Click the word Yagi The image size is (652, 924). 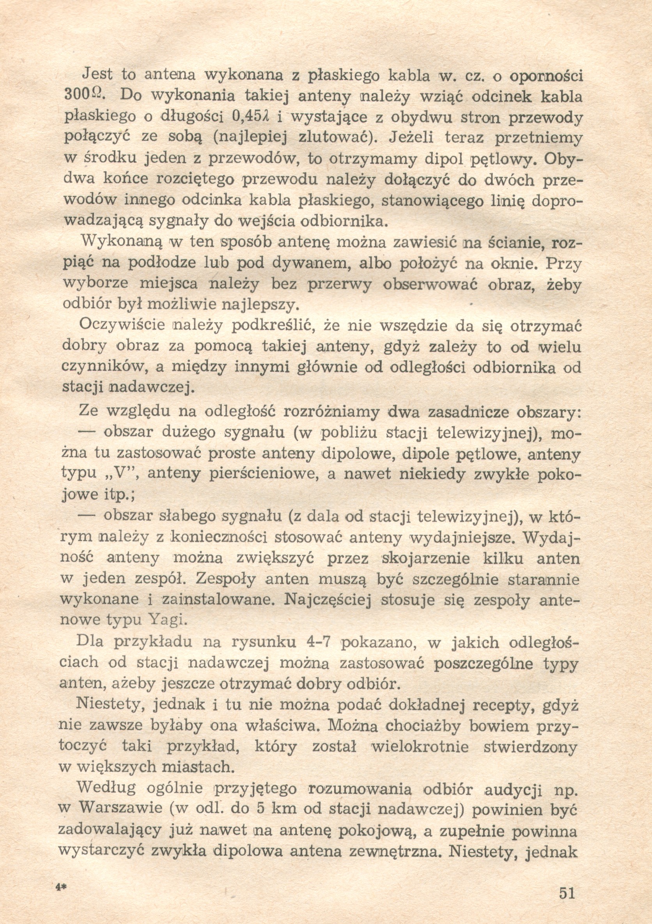pyautogui.click(x=169, y=619)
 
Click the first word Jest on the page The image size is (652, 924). pyautogui.click(x=97, y=75)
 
